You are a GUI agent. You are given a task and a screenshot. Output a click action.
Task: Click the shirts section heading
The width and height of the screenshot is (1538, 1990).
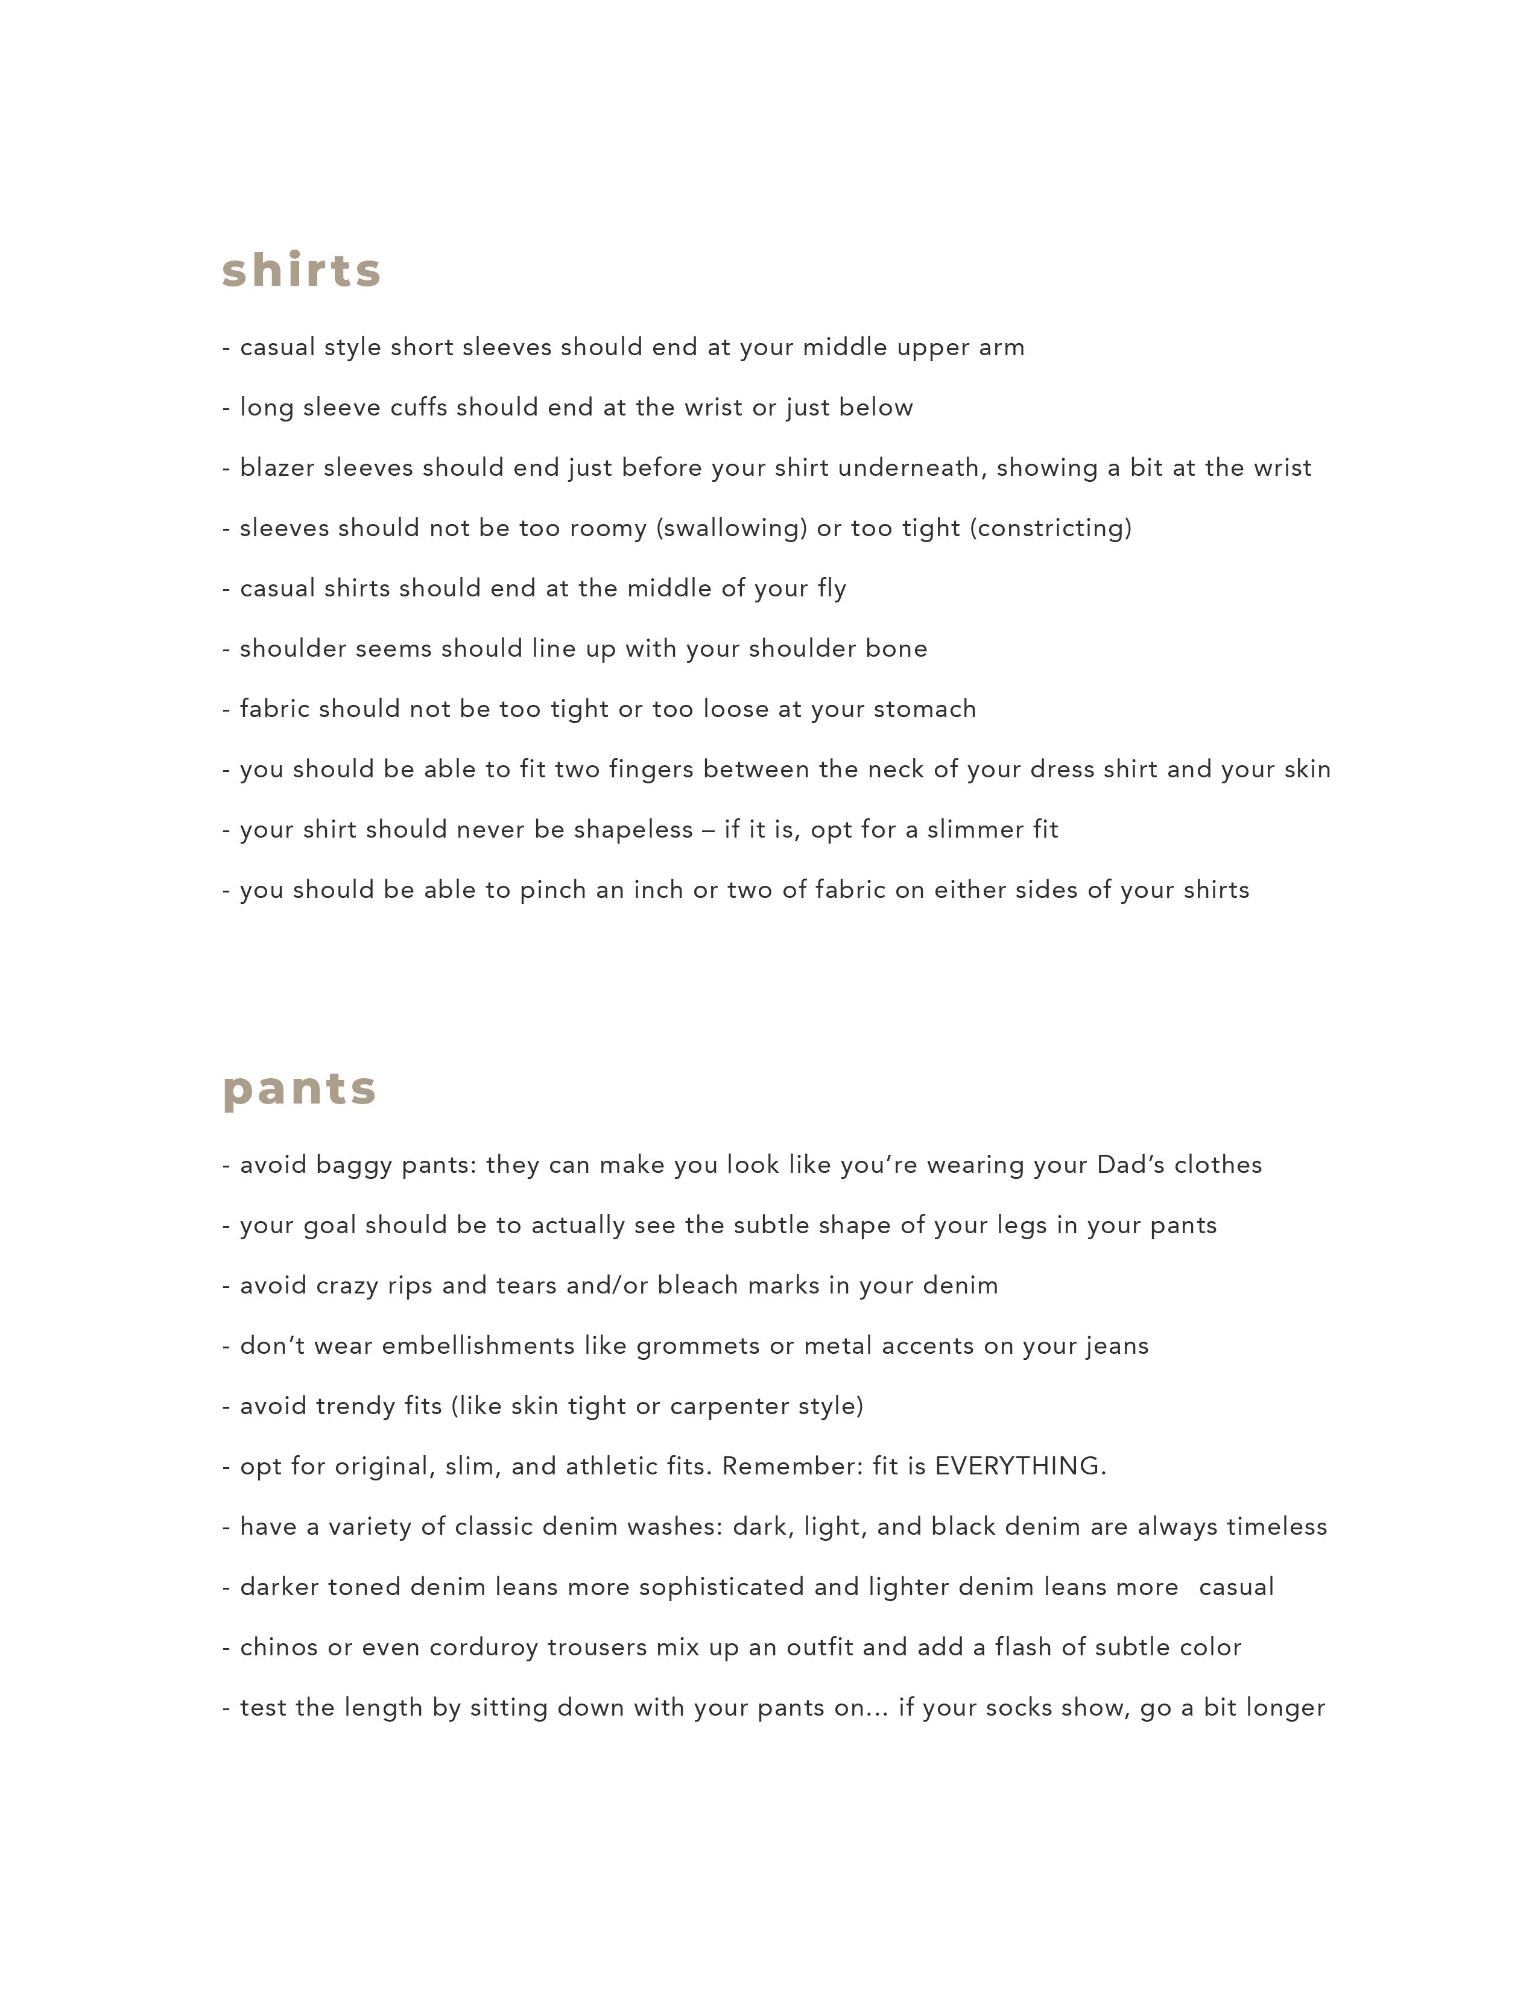pos(302,271)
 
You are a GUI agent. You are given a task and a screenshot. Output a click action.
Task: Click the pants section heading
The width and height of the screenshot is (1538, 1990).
pos(299,1089)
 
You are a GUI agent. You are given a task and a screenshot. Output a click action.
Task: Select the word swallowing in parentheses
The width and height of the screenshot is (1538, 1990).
pos(732,528)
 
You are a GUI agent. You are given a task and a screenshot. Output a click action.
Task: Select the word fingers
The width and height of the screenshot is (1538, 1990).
pos(651,769)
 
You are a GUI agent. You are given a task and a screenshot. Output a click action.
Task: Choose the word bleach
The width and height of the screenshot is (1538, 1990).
pos(698,1286)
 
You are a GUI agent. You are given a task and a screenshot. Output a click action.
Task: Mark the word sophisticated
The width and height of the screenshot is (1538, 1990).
pos(721,1587)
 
